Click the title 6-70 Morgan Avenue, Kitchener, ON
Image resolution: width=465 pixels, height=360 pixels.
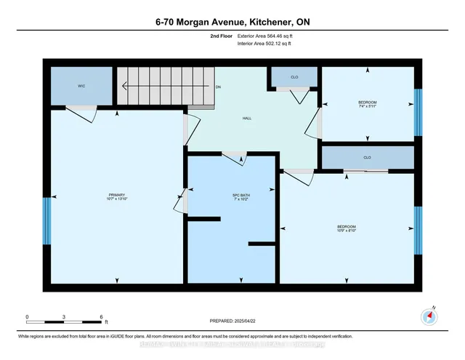tap(232, 22)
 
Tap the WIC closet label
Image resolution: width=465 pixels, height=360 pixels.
tap(82, 86)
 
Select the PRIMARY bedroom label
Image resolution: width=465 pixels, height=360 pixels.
tap(117, 195)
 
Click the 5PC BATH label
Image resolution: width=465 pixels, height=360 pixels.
tap(230, 195)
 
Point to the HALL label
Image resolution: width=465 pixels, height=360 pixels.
tap(246, 119)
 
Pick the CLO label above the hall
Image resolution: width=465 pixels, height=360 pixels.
tap(294, 75)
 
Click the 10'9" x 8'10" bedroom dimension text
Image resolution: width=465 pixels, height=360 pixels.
tap(347, 232)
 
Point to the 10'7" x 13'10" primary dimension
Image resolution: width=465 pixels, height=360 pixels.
tap(117, 199)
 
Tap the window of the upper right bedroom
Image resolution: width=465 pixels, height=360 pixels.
tap(418, 112)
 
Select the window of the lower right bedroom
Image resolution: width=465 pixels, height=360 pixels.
tap(418, 230)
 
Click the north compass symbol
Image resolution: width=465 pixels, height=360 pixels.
tap(429, 316)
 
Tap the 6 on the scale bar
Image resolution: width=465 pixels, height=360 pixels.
tap(102, 317)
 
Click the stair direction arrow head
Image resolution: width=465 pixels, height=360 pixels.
tap(124, 86)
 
